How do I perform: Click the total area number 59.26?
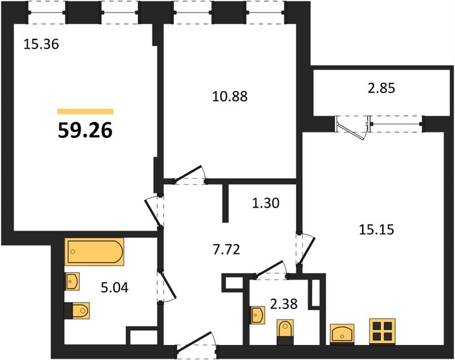tap(85, 131)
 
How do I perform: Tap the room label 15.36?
tap(41, 44)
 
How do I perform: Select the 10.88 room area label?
tap(230, 97)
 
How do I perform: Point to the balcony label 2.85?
tap(381, 88)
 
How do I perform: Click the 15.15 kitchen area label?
tap(376, 230)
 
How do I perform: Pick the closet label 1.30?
tap(266, 203)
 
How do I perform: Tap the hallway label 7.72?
tap(227, 250)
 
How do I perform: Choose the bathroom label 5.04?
tap(114, 288)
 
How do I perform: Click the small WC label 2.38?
tap(284, 304)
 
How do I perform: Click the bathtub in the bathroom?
tap(94, 252)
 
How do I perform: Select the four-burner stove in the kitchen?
tap(382, 332)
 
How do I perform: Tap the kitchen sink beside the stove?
tap(342, 334)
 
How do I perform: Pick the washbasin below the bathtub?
tap(73, 281)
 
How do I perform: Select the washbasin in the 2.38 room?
tap(257, 315)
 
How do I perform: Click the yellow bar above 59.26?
tap(85, 112)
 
